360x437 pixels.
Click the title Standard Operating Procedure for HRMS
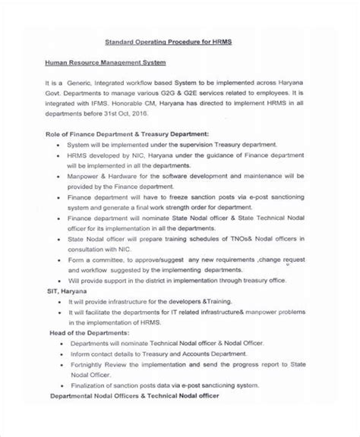point(178,42)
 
